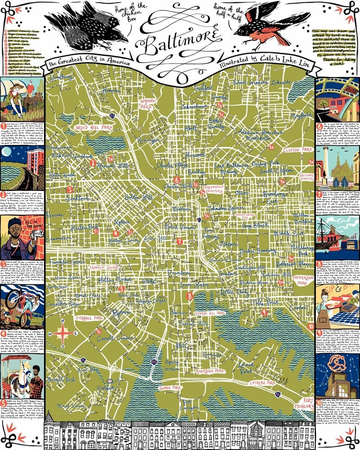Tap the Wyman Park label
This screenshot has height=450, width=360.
148,104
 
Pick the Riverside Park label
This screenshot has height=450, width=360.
210,371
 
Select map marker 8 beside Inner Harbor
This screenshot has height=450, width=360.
190,297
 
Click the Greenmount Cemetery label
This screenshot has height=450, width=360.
213,189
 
